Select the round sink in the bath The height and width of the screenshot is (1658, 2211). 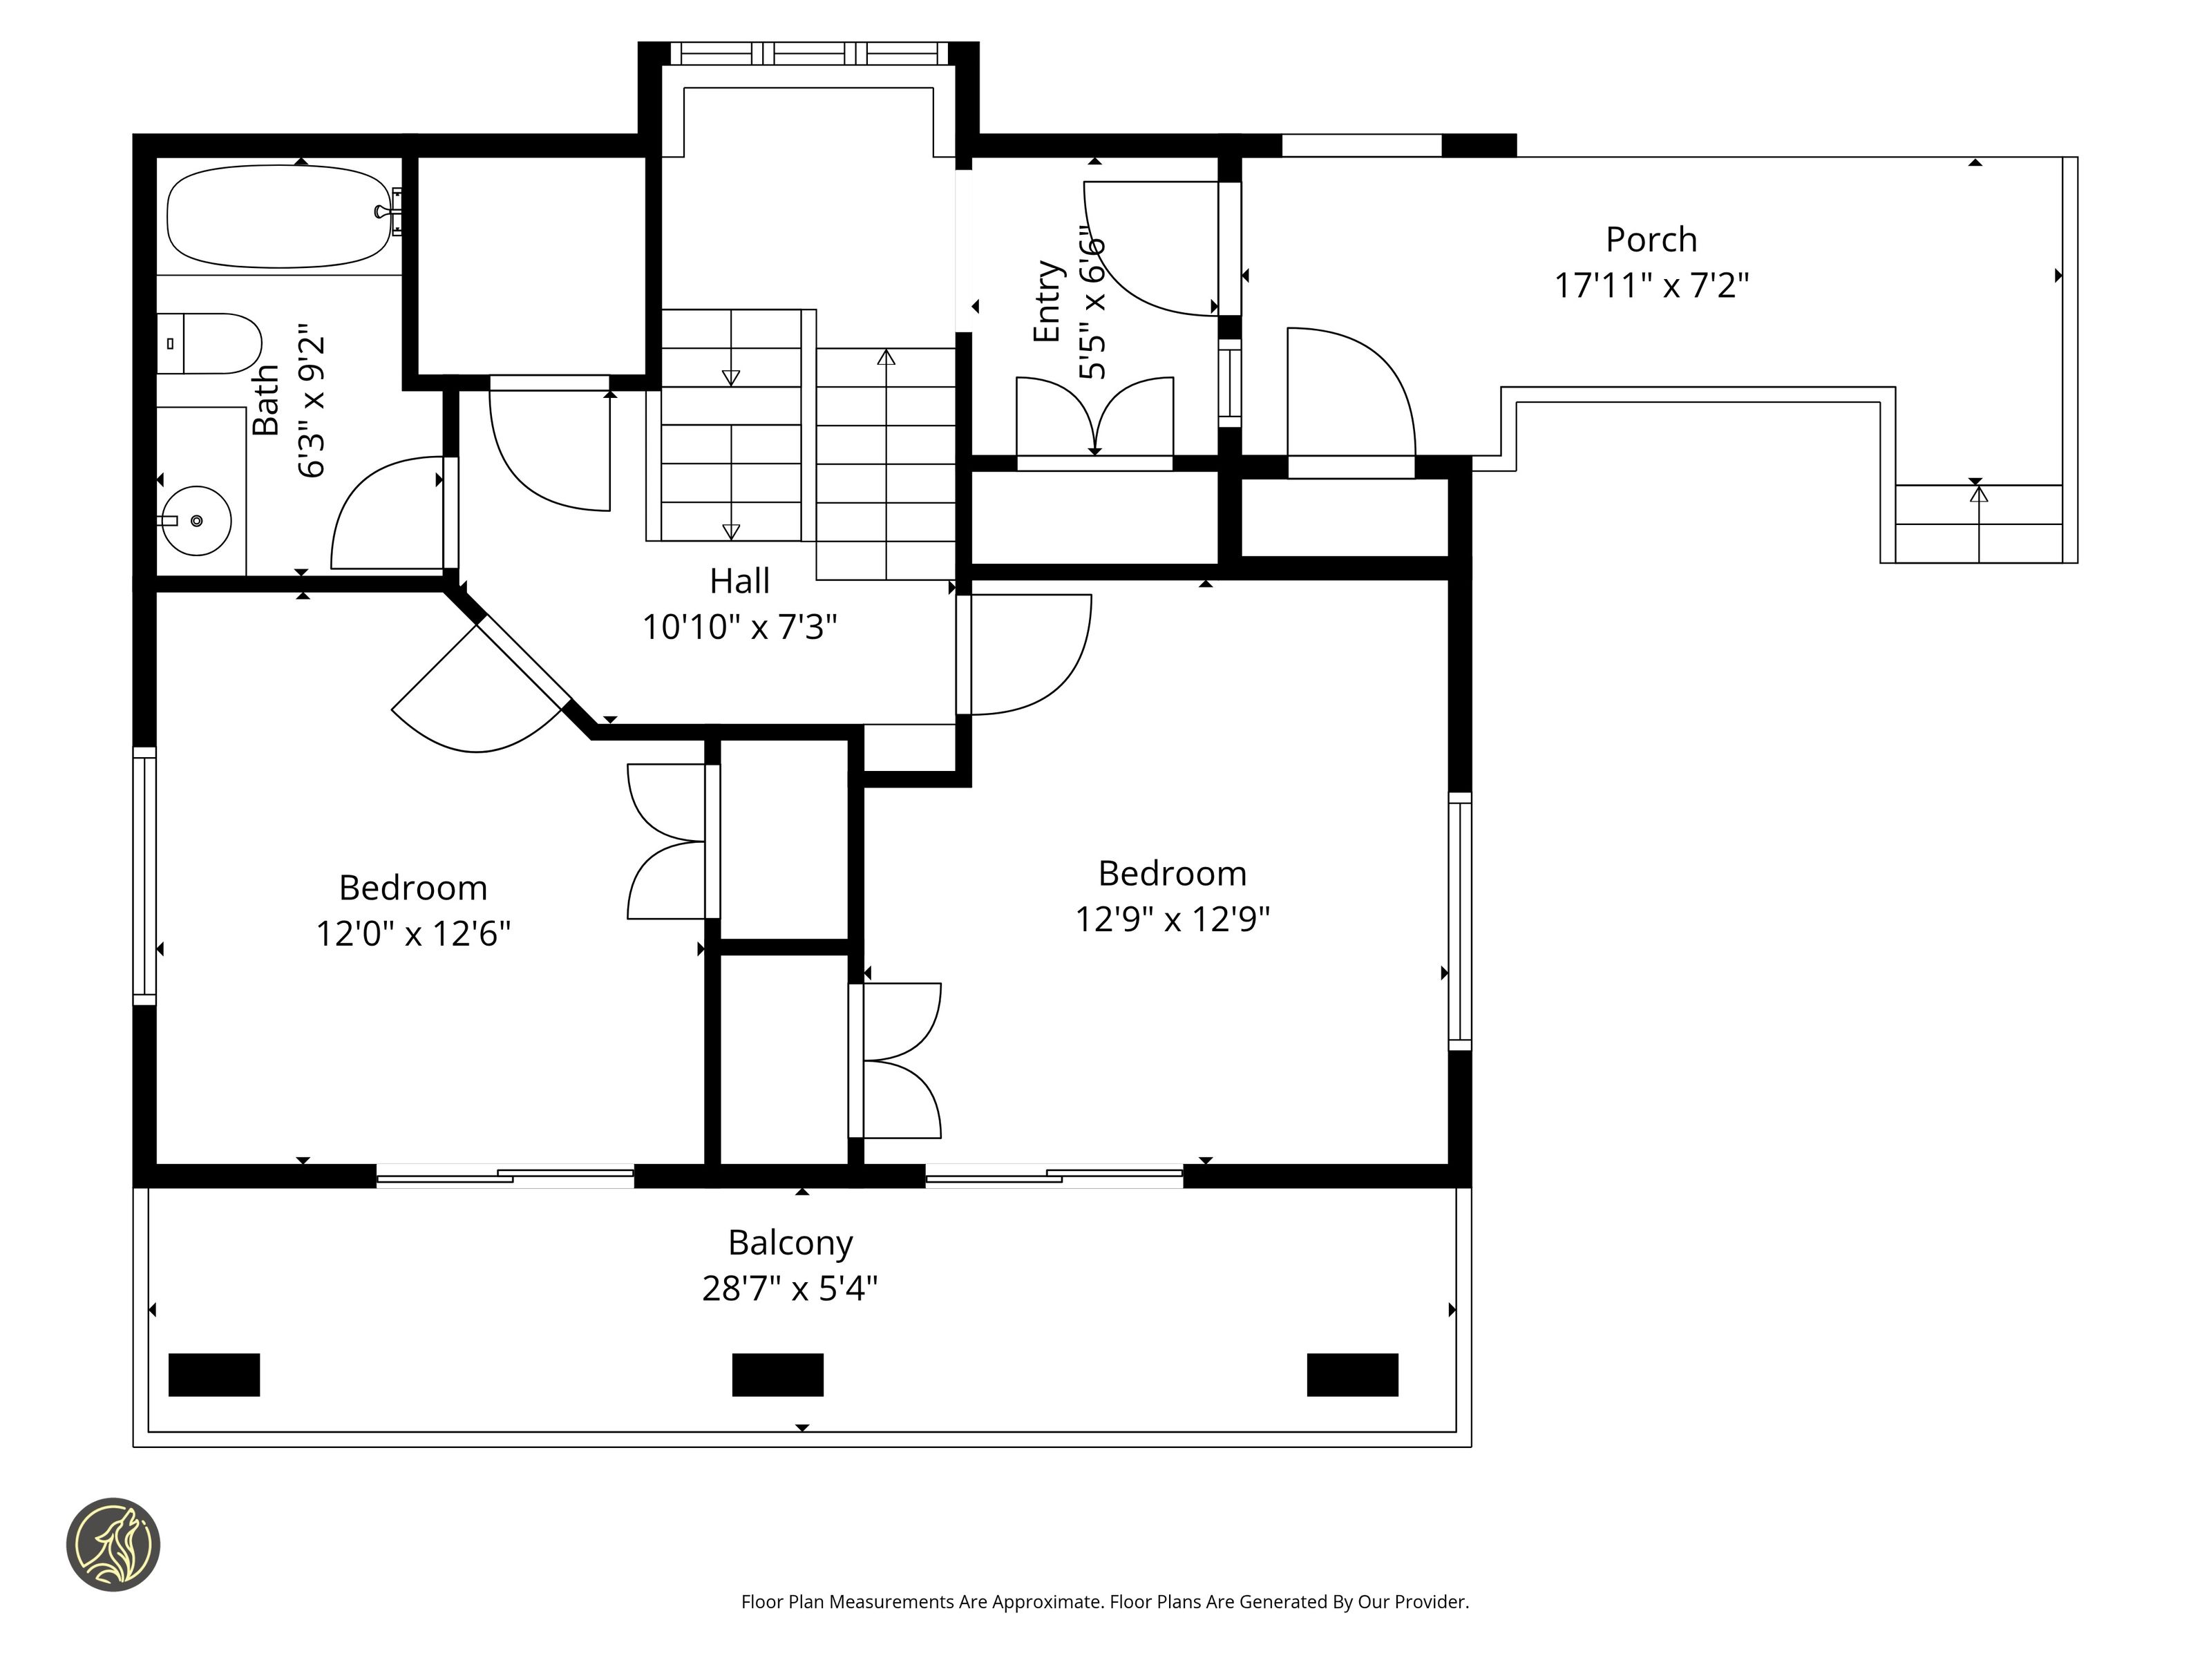197,521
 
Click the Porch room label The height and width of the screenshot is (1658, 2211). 1651,240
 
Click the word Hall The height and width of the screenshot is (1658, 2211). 740,581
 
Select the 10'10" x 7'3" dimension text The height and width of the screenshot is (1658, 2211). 740,627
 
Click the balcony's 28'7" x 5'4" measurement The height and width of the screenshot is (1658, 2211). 790,1289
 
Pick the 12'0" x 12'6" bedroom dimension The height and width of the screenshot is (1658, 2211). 412,933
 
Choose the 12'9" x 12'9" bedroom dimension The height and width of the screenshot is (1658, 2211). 1173,918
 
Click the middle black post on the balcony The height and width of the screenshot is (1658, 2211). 777,1375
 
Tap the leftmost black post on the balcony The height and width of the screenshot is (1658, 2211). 214,1375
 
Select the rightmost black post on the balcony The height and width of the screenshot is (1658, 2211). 1352,1375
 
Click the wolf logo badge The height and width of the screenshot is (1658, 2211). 113,1544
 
